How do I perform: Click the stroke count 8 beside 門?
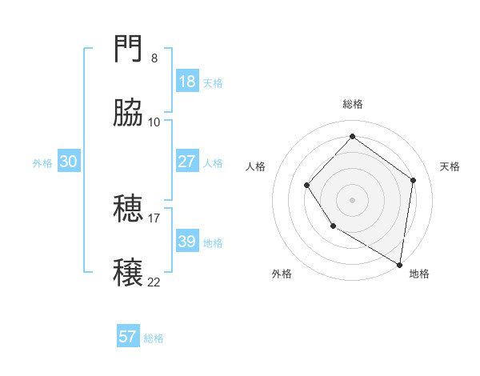(x=154, y=58)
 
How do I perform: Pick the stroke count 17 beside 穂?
(x=154, y=217)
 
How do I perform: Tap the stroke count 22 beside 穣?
(x=154, y=281)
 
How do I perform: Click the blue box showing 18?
(x=187, y=82)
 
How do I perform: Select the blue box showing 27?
(x=187, y=162)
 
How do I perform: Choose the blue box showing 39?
(x=187, y=242)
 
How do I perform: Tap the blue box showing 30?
(x=69, y=162)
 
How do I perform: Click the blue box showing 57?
(x=128, y=337)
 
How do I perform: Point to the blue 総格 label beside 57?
(x=154, y=338)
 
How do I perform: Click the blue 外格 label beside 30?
(x=42, y=163)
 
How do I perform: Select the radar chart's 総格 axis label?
(x=353, y=104)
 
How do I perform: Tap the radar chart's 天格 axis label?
(x=450, y=166)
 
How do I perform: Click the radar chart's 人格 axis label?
(x=255, y=166)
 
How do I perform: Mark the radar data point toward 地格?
(x=400, y=264)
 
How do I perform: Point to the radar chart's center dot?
(x=352, y=200)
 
